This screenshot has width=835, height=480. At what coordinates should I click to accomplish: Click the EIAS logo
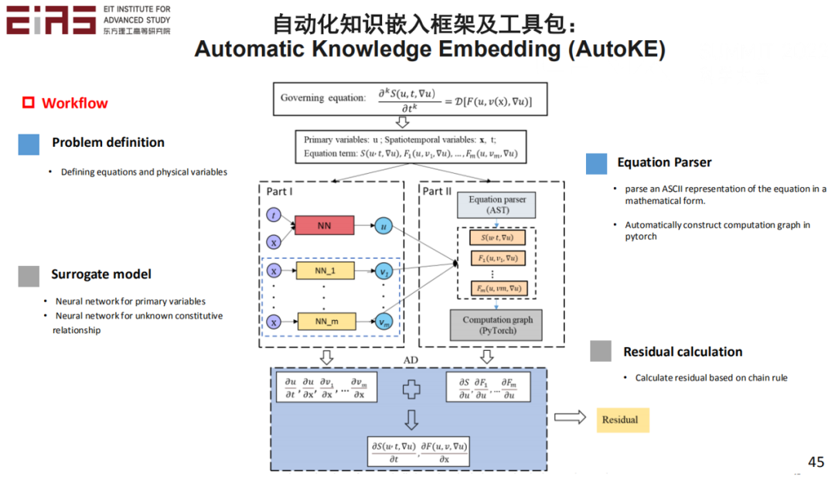click(x=51, y=20)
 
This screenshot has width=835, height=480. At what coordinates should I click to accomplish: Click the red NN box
click(x=324, y=226)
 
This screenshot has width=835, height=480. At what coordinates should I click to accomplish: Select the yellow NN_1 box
click(x=324, y=271)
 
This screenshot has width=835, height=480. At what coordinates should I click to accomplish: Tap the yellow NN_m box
click(x=324, y=321)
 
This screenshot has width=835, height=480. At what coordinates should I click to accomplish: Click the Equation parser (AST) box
click(x=497, y=205)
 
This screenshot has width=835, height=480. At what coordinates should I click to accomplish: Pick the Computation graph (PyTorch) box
click(x=497, y=325)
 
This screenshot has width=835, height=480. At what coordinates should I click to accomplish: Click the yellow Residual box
click(x=622, y=420)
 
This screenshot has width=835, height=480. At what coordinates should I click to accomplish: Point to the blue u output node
click(x=383, y=226)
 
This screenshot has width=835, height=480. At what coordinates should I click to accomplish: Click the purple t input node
click(x=274, y=213)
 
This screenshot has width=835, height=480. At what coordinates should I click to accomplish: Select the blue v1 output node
click(x=383, y=271)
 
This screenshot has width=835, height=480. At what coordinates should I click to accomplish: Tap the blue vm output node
click(x=383, y=322)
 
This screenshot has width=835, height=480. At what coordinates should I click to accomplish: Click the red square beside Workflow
click(x=29, y=103)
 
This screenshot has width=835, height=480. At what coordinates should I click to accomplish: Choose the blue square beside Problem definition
click(x=29, y=144)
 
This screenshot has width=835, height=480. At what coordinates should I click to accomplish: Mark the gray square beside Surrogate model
click(x=29, y=276)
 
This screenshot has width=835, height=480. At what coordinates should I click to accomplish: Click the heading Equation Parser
click(x=663, y=162)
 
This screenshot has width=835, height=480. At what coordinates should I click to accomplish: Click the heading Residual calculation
click(x=682, y=352)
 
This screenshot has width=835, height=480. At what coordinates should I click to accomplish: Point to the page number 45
click(x=816, y=461)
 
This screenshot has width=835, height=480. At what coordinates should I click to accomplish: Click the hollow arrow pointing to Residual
click(x=570, y=418)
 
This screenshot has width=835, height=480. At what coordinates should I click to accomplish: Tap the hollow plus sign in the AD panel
click(x=411, y=390)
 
